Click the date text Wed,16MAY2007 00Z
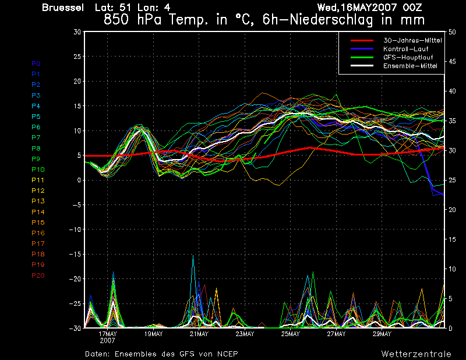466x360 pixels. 369,8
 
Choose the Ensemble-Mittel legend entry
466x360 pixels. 410,66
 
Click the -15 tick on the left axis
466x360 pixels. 75,254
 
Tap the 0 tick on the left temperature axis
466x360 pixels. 79,180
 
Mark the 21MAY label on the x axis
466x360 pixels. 199,334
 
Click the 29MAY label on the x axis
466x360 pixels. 382,334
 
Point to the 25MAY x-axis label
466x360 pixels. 290,334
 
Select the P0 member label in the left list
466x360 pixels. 36,63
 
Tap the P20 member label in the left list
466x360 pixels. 38,275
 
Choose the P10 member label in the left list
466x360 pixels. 38,170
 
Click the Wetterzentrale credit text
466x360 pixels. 416,354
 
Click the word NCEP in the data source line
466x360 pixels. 226,354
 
